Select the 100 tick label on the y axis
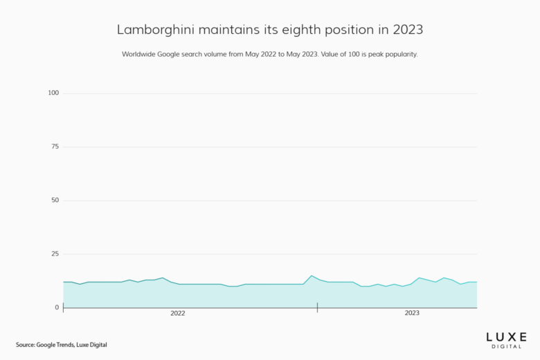pos(54,93)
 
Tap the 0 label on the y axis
pos(57,307)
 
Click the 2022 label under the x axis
pos(178,314)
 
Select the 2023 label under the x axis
pos(412,314)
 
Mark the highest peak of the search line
pos(312,276)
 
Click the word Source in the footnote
pos(26,345)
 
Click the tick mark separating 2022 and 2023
pos(317,307)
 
